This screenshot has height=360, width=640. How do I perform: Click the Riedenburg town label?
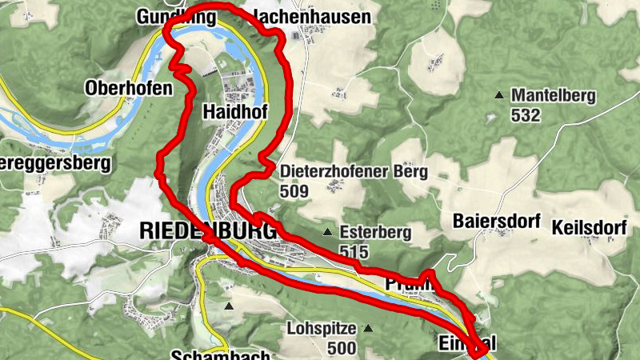click(207, 230)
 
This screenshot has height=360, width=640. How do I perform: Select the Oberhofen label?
click(129, 88)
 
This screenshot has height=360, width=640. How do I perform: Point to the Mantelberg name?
click(554, 95)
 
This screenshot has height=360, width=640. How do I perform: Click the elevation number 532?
click(526, 115)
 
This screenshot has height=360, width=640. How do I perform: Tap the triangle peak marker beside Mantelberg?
click(499, 95)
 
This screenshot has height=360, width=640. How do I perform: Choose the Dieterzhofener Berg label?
click(354, 171)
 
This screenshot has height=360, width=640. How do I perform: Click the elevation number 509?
click(294, 191)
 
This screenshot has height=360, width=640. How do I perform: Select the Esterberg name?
click(374, 232)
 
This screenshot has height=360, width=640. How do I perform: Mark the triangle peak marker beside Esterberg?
click(327, 233)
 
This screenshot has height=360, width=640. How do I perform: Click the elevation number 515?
click(353, 252)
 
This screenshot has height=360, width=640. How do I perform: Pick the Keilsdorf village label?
click(588, 227)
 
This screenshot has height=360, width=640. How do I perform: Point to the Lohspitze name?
click(320, 328)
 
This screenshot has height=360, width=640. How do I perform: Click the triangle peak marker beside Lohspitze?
click(368, 328)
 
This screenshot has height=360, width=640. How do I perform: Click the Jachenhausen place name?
click(301, 16)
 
